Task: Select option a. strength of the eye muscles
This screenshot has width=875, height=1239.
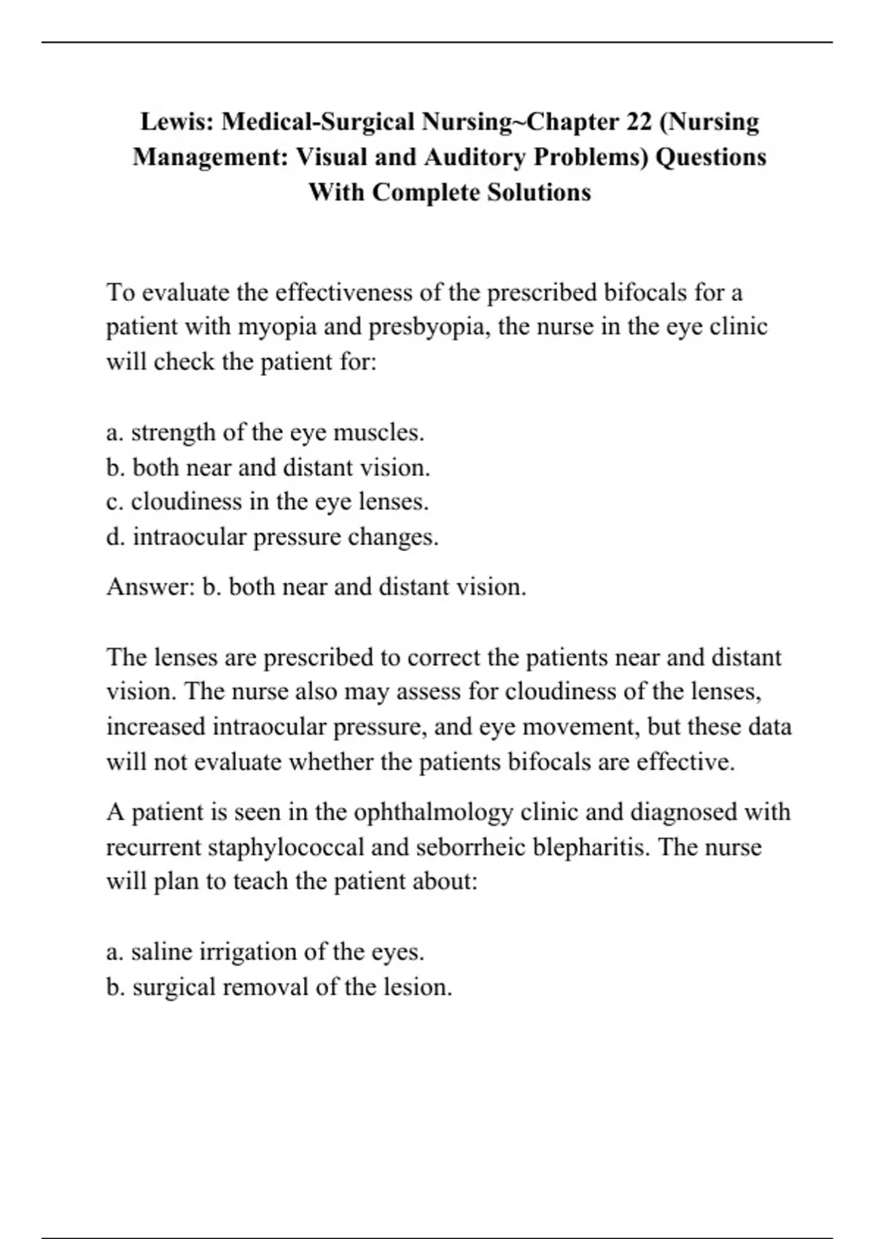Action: (x=265, y=432)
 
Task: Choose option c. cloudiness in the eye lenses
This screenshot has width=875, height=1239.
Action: (x=267, y=501)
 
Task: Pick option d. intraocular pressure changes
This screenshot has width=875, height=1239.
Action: (x=272, y=537)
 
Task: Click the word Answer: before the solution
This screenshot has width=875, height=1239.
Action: (x=150, y=587)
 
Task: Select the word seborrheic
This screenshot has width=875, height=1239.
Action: (x=470, y=847)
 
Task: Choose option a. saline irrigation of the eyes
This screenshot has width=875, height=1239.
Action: (x=265, y=952)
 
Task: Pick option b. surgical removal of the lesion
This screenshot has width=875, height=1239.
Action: (x=279, y=987)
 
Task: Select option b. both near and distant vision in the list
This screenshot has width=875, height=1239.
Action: (x=268, y=467)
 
